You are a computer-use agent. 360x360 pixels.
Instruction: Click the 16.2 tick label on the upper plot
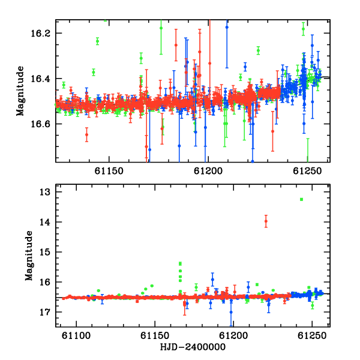click(40, 34)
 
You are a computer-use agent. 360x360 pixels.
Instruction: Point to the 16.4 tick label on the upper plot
click(40, 79)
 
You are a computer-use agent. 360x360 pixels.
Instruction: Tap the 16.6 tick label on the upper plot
click(40, 124)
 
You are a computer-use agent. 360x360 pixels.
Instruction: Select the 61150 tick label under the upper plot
click(109, 171)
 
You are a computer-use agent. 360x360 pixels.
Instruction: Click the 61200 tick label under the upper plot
click(208, 171)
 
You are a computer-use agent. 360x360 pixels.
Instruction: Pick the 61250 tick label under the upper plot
click(307, 171)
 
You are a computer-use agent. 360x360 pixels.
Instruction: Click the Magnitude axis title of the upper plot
click(20, 91)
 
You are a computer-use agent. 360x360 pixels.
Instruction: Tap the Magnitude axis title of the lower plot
click(29, 256)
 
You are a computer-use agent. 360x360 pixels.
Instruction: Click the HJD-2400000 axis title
click(193, 347)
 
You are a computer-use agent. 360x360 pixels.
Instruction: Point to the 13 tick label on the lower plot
click(45, 192)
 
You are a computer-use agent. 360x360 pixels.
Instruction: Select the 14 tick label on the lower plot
click(45, 222)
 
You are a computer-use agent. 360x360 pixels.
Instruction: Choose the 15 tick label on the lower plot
click(45, 252)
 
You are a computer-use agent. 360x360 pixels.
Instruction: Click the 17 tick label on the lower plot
click(45, 312)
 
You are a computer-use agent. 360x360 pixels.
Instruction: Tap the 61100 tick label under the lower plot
click(76, 336)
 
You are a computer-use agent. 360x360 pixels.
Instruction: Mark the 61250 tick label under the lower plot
click(312, 336)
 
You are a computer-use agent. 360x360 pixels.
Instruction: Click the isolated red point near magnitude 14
click(266, 221)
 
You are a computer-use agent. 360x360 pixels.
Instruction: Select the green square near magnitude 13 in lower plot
click(301, 200)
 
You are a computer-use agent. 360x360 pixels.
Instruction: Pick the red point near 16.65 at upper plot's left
click(86, 134)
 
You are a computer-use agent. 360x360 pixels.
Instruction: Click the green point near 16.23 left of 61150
click(98, 41)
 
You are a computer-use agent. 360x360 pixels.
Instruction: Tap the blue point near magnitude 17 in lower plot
click(231, 312)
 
